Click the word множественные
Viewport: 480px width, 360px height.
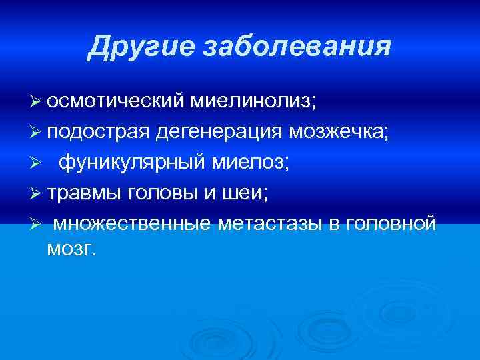point(132,223)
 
